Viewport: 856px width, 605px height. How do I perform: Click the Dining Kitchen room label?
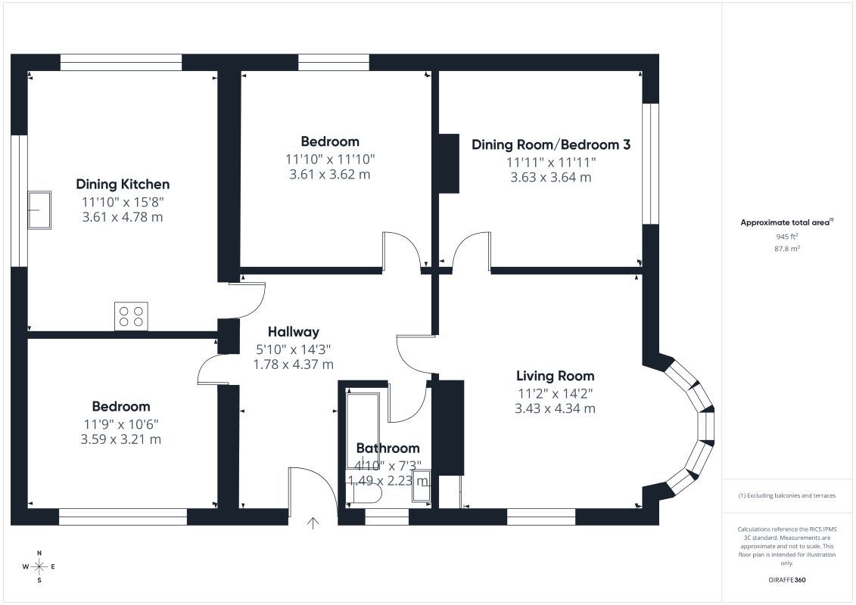pos(123,185)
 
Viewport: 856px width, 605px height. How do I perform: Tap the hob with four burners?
pos(131,316)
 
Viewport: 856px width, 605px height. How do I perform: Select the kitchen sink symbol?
pos(39,210)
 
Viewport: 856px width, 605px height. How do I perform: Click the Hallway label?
pos(293,332)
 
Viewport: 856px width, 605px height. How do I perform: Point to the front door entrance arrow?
pos(313,523)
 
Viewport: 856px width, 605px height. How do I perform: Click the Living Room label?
pos(556,376)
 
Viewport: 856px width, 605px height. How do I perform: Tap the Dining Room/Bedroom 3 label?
pos(551,144)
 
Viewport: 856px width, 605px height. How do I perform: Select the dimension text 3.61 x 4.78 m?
pos(123,217)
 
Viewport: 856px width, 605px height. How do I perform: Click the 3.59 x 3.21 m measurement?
pos(120,439)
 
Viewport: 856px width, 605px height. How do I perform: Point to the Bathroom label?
pos(388,448)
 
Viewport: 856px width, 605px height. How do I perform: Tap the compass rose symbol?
pos(39,567)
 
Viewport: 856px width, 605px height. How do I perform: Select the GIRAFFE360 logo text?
pos(786,580)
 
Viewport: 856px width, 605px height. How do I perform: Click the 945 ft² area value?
pos(786,237)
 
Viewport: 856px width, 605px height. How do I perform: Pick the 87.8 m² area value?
pos(786,249)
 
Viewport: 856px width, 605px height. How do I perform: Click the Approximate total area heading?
pos(786,222)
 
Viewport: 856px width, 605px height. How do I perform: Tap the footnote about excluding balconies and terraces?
pos(786,496)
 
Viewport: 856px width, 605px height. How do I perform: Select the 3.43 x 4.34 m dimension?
pos(555,408)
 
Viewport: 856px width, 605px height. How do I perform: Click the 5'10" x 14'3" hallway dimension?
pos(293,349)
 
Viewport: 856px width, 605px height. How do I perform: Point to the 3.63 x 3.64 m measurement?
pos(551,177)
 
